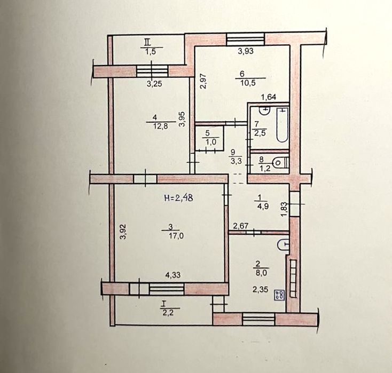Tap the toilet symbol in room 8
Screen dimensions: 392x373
click(281, 163)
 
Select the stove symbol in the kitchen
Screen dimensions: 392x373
click(279, 295)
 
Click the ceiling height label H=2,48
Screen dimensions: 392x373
click(178, 198)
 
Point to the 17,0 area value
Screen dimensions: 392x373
click(176, 235)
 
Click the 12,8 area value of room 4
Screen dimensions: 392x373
click(161, 126)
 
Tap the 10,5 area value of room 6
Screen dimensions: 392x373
click(248, 83)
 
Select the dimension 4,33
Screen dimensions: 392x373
click(173, 275)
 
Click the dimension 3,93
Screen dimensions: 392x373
click(246, 51)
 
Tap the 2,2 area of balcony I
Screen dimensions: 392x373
click(168, 313)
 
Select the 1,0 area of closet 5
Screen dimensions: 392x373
click(211, 141)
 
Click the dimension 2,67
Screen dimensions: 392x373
click(240, 226)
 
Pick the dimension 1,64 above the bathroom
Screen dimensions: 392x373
click(269, 97)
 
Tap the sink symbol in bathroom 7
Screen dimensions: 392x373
click(265, 110)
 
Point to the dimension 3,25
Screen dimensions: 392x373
click(154, 84)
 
